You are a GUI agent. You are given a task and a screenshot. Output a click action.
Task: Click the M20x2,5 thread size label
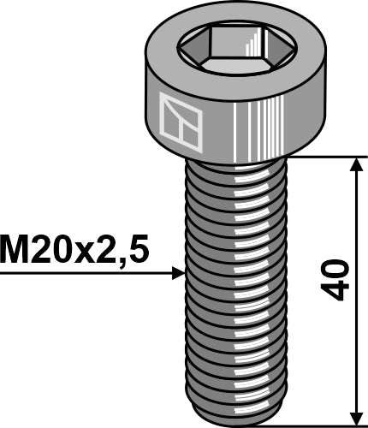click(x=75, y=251)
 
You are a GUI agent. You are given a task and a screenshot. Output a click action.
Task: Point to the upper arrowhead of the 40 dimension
click(x=354, y=163)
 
